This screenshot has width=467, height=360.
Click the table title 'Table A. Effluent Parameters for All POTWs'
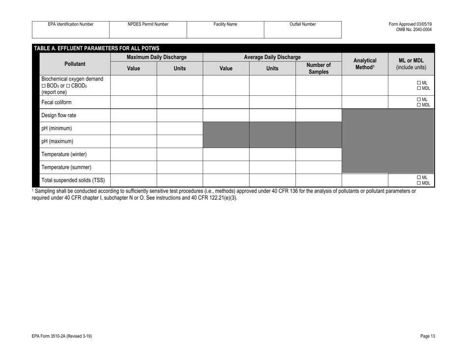point(96,48)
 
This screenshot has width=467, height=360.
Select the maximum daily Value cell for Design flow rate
point(133,116)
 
